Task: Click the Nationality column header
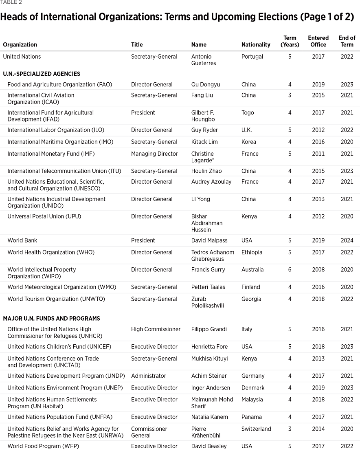[x=256, y=45]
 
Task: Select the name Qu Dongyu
[x=206, y=85]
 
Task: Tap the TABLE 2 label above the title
[x=11, y=2]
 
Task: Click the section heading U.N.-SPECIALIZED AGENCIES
[x=42, y=74]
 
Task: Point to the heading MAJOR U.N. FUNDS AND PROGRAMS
[x=51, y=319]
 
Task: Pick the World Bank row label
[x=22, y=241]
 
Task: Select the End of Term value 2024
[x=347, y=241]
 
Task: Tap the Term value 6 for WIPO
[x=290, y=270]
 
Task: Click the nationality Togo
[x=248, y=113]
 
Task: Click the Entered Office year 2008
[x=318, y=270]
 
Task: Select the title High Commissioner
[x=156, y=330]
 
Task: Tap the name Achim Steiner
[x=209, y=376]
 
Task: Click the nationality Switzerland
[x=256, y=429]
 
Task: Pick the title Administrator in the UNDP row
[x=149, y=376]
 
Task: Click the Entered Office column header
[x=318, y=41]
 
